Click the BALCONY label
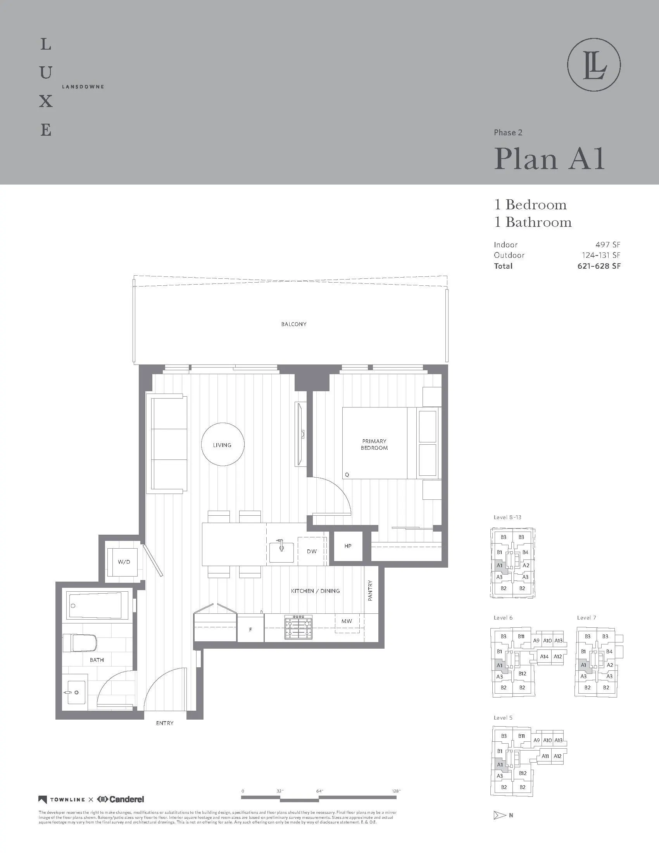[293, 324]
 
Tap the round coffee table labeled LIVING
[223, 444]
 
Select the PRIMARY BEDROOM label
[374, 444]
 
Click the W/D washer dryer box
[124, 562]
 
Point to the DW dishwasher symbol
[312, 551]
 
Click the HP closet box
[348, 546]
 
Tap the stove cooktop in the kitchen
[298, 627]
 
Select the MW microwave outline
[347, 622]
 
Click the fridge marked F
[250, 629]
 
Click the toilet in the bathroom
[80, 643]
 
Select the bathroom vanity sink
[75, 692]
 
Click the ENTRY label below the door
[164, 723]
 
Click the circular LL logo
[594, 65]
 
